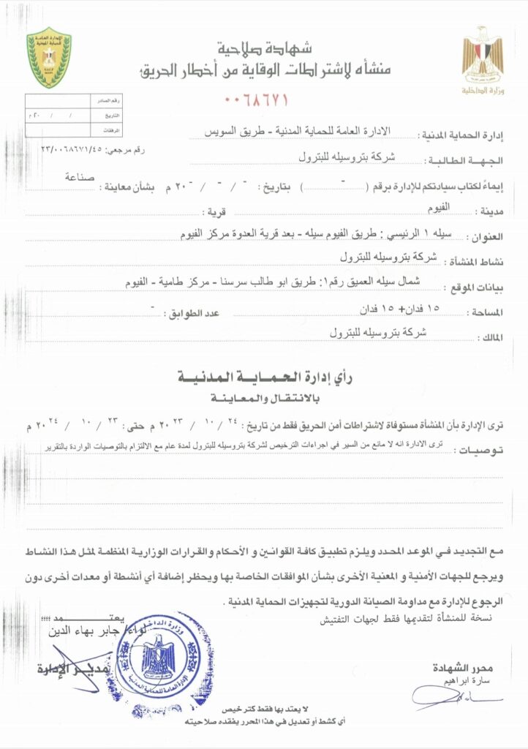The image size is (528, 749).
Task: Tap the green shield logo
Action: point(49,58)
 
